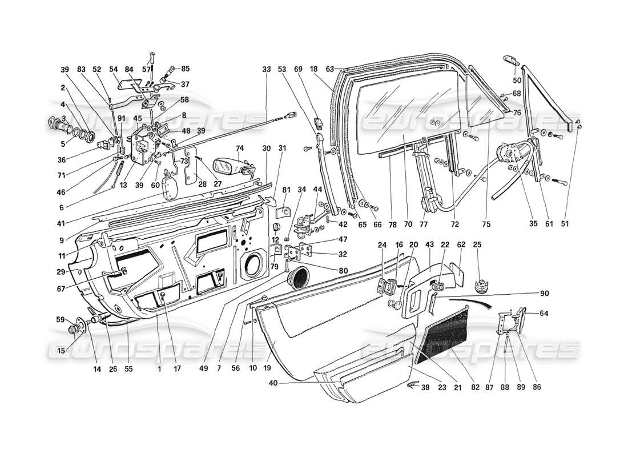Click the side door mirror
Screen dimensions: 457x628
(x=229, y=166)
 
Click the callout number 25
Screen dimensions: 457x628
(x=477, y=244)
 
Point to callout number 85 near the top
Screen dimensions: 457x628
(x=185, y=69)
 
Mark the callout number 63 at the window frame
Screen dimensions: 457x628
(x=329, y=70)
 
